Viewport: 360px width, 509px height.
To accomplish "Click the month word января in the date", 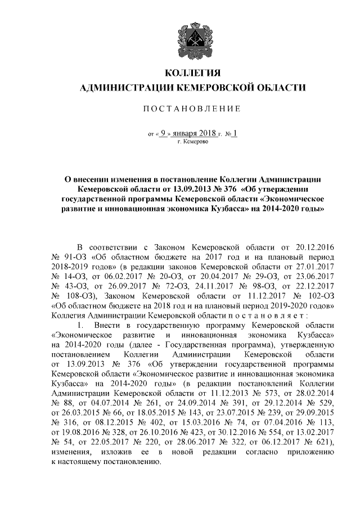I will [x=187, y=133].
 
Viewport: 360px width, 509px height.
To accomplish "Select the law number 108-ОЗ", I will [x=76, y=295].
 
